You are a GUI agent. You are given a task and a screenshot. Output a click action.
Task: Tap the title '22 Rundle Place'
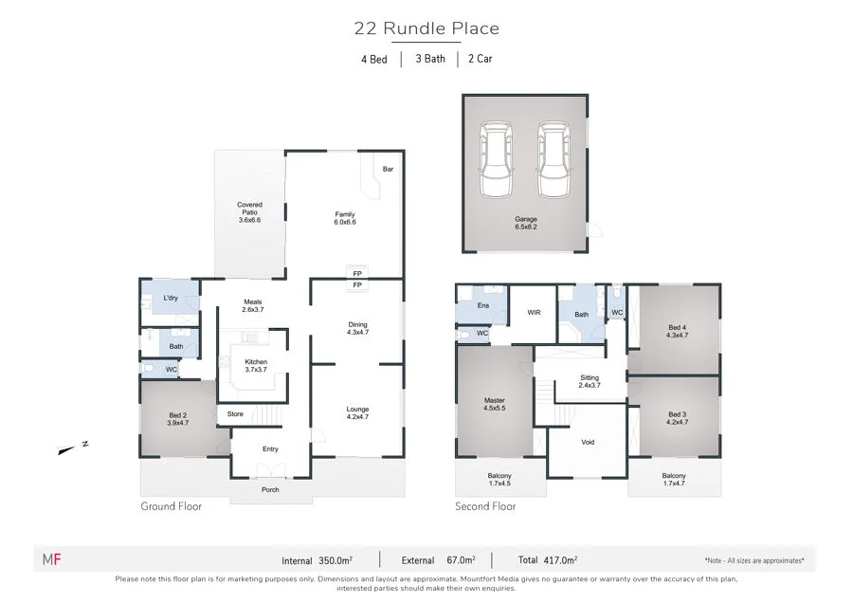pyautogui.click(x=426, y=28)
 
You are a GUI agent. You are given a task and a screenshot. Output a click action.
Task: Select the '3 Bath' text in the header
pyautogui.click(x=429, y=59)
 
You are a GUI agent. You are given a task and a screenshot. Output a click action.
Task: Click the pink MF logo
pyautogui.click(x=52, y=559)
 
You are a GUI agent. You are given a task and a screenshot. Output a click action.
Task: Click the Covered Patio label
pyautogui.click(x=249, y=211)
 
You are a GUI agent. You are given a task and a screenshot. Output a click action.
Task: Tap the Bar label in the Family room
pyautogui.click(x=388, y=169)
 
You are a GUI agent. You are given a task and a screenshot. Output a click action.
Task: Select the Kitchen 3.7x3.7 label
pyautogui.click(x=256, y=366)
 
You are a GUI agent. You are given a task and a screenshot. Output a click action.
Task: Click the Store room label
pyautogui.click(x=235, y=413)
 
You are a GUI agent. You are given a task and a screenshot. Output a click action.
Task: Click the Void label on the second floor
pyautogui.click(x=588, y=442)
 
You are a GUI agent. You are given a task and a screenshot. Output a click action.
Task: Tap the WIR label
pyautogui.click(x=534, y=312)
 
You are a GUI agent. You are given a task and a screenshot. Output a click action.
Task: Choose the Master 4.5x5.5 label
pyautogui.click(x=495, y=405)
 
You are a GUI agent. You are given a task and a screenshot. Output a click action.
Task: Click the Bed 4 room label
pyautogui.click(x=676, y=334)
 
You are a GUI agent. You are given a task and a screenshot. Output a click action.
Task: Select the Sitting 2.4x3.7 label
pyautogui.click(x=590, y=381)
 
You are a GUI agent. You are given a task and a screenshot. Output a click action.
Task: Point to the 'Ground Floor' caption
pyautogui.click(x=172, y=506)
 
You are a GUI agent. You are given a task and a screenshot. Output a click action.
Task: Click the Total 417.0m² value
pyautogui.click(x=562, y=560)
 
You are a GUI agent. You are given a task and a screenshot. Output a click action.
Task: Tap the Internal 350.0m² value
pyautogui.click(x=332, y=560)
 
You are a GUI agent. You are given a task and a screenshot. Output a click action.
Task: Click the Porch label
pyautogui.click(x=271, y=490)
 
